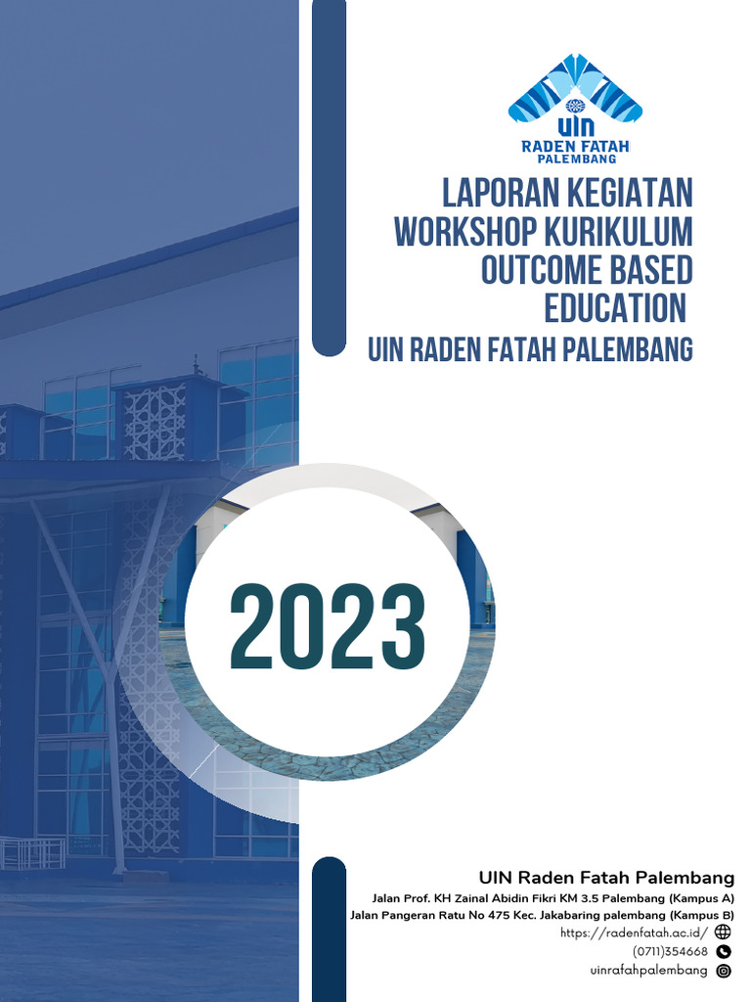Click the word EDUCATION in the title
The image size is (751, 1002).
(615, 308)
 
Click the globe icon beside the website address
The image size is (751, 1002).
(724, 933)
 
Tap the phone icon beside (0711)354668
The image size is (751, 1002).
(724, 951)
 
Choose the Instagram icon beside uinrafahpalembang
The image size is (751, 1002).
(724, 971)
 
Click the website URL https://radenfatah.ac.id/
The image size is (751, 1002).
(634, 933)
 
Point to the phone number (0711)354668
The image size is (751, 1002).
(670, 951)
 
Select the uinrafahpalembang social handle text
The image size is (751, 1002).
(648, 971)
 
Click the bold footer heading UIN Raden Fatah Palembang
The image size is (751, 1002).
(606, 876)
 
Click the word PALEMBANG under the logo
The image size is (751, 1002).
(575, 159)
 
